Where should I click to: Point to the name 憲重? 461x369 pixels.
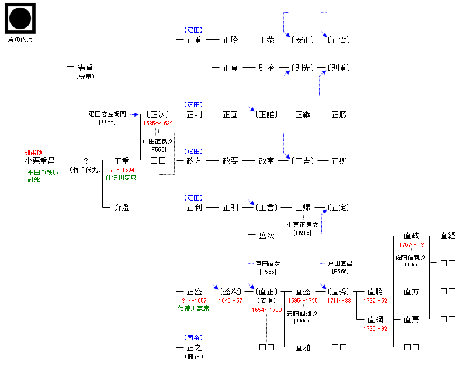[85, 68]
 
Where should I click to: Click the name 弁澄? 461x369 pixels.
[122, 207]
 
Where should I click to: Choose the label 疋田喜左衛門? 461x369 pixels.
[107, 114]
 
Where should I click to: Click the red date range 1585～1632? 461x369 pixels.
[158, 124]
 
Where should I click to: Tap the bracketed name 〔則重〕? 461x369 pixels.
[338, 68]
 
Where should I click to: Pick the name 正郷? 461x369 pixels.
[339, 161]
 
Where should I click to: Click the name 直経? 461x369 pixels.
[448, 236]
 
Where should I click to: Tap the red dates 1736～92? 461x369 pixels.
[375, 328]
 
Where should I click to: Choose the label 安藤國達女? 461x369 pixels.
[302, 313]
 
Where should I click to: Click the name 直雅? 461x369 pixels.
[302, 347]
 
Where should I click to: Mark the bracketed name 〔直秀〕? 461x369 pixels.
[338, 291]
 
